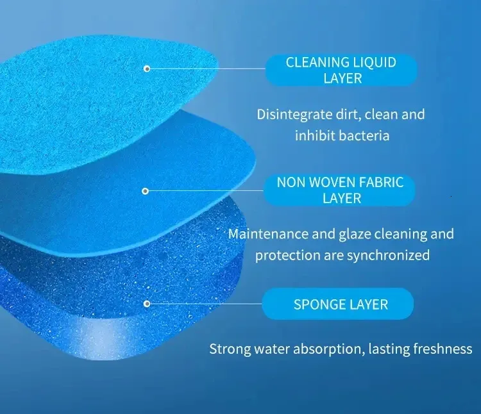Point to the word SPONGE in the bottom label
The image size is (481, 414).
point(317,304)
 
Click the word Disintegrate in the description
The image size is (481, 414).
point(294,114)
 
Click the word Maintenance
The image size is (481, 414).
point(268,234)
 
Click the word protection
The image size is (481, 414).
point(288,256)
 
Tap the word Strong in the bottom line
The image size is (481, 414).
point(230,349)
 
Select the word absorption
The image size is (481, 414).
point(329,349)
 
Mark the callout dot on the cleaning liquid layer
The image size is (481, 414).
point(147,69)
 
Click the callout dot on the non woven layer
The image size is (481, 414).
point(146,191)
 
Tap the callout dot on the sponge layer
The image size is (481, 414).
point(147,304)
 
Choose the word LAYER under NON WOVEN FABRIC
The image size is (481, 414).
point(342,199)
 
